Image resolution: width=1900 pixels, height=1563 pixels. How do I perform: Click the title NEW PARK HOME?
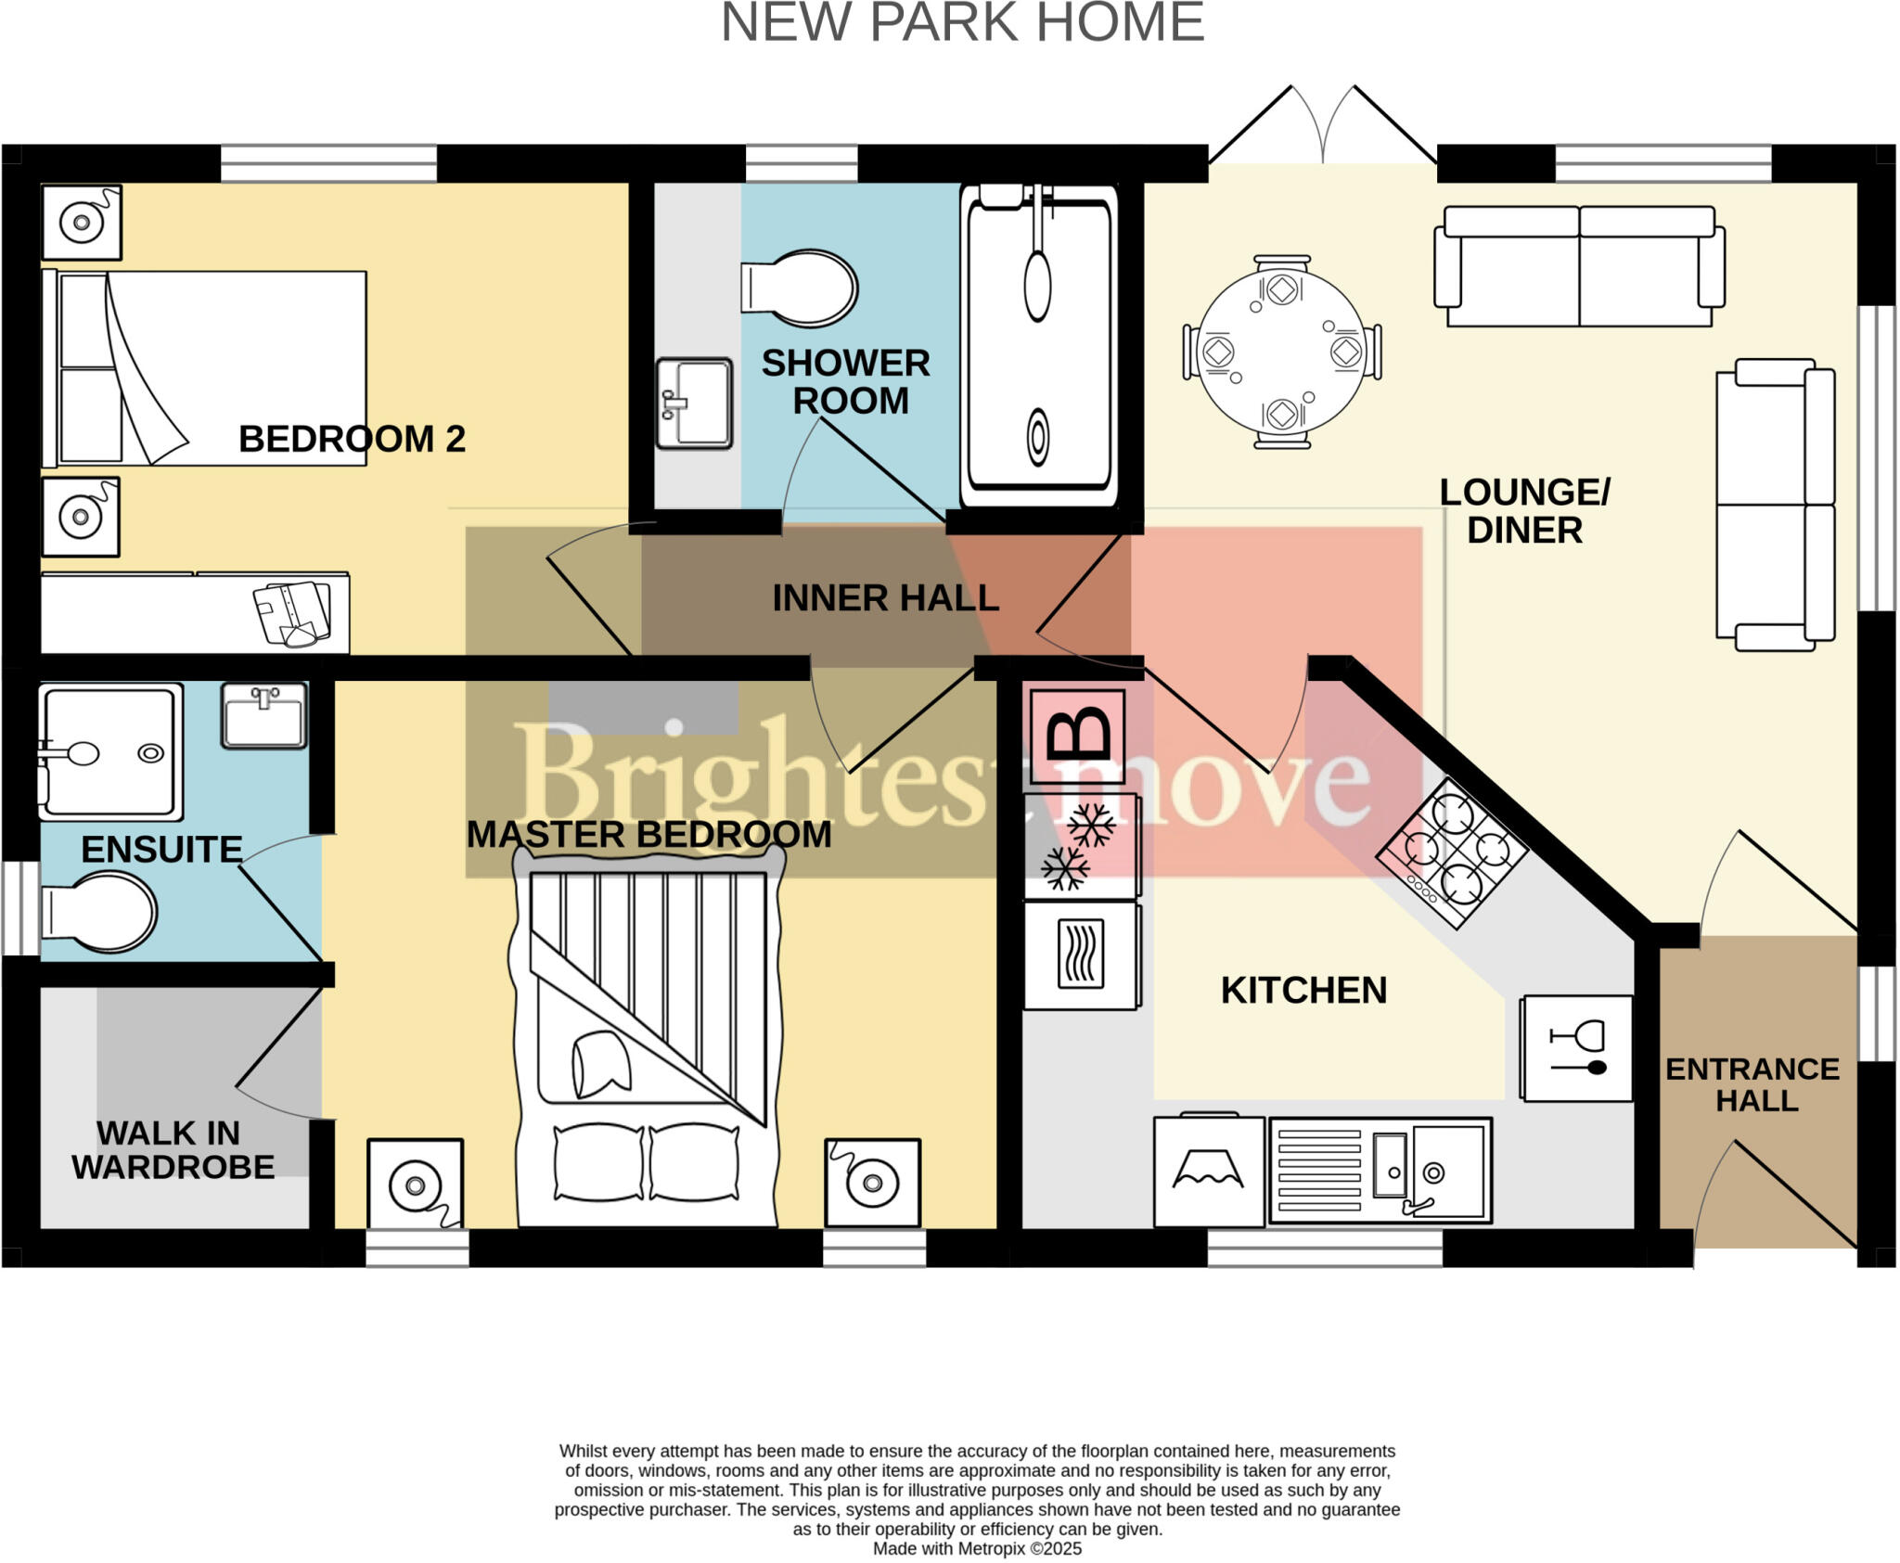click(x=962, y=22)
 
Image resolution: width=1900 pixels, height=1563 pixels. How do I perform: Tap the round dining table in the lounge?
click(x=1281, y=352)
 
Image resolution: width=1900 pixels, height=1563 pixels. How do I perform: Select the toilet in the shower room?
click(x=800, y=288)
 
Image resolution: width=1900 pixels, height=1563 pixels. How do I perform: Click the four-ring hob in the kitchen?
click(x=1451, y=852)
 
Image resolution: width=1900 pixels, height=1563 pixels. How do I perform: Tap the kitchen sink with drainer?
click(x=1380, y=1170)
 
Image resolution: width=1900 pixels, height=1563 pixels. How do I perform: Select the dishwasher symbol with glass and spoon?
click(x=1576, y=1048)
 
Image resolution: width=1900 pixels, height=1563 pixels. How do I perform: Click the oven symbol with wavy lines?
click(x=1082, y=955)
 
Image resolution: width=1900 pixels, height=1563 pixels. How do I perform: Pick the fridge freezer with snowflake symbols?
click(x=1082, y=846)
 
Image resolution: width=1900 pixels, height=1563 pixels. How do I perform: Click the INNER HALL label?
click(x=885, y=598)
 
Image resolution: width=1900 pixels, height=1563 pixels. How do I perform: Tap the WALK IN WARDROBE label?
click(x=173, y=1150)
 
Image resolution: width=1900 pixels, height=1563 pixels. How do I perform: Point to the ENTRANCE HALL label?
click(x=1752, y=1084)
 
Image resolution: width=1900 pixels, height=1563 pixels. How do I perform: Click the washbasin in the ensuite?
click(x=264, y=715)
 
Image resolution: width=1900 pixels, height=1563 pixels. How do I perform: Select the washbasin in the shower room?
click(x=694, y=403)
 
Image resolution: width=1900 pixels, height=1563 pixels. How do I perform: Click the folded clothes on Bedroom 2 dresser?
click(x=293, y=613)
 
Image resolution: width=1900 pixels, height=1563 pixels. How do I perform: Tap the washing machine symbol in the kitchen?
click(x=1209, y=1172)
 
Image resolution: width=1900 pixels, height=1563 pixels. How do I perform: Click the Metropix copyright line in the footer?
click(x=977, y=1548)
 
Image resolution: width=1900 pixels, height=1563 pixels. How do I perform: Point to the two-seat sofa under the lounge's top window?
click(x=1579, y=266)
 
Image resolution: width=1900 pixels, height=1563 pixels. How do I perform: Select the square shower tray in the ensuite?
click(x=110, y=752)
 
